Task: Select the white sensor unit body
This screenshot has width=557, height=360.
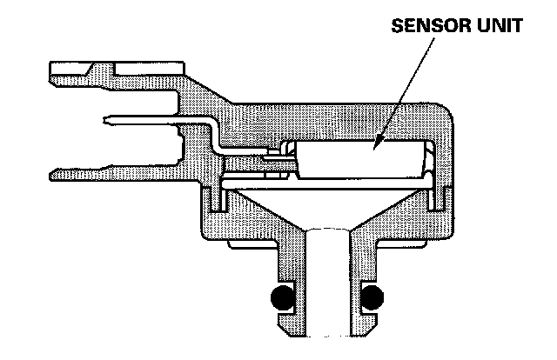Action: tap(357, 162)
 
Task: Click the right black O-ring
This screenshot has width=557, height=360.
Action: tap(373, 298)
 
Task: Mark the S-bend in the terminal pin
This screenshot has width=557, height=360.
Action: tap(214, 139)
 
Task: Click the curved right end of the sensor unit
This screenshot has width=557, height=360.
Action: tap(428, 161)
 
